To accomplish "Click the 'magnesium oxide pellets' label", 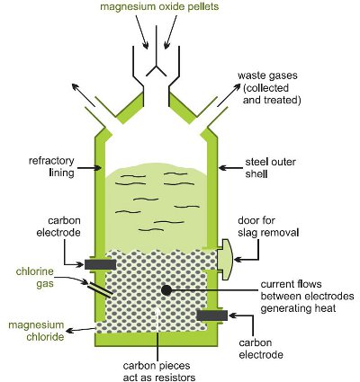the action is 159,6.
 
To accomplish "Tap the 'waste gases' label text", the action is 267,76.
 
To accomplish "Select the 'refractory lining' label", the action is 51,166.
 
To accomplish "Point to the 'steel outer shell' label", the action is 270,168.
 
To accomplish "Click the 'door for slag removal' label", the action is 268,227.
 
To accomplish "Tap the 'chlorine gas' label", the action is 35,277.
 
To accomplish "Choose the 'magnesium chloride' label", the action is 36,331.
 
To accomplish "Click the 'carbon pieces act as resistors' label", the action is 159,371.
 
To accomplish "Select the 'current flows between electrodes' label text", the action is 307,290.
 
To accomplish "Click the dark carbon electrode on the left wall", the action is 100,264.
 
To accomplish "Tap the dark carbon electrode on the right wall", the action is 212,315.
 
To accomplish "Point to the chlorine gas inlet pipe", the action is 100,289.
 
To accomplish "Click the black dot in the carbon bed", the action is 166,289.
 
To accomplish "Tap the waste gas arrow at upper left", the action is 84,95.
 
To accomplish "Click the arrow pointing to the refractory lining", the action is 88,168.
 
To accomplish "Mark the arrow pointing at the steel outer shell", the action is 230,168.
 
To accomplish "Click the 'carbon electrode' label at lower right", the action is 261,349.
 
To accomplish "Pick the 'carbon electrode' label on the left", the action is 58,227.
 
